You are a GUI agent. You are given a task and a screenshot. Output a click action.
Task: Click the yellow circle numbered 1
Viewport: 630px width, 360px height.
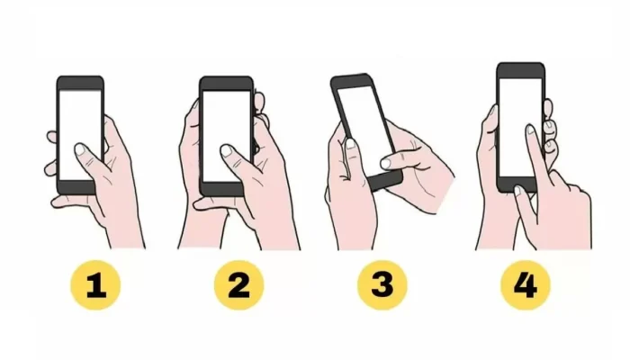coord(95,285)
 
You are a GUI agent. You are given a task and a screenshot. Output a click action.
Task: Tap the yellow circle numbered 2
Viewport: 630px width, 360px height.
coord(238,285)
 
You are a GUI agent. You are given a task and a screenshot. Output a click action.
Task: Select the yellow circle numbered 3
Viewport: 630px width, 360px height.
coord(382,285)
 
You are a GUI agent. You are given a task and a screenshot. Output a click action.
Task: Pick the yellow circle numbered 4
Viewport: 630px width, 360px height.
coord(526,285)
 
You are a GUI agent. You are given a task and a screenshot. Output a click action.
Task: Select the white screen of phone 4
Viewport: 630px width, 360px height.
coord(520,121)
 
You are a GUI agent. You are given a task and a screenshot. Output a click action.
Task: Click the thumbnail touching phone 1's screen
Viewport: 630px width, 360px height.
coord(80,149)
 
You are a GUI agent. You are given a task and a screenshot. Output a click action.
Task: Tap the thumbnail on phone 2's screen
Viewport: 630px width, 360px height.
coord(227,150)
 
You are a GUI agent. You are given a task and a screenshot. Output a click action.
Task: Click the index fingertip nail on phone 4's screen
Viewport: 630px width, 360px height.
coord(531,130)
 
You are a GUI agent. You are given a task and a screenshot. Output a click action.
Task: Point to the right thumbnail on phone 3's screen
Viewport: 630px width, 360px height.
coord(386,163)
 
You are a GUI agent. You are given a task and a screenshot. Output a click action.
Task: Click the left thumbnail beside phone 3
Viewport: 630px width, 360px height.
coord(350,144)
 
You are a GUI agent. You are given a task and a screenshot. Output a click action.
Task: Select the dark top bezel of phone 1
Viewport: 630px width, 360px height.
coord(80,83)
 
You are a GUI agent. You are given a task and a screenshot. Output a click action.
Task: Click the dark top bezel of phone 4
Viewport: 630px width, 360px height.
coord(521,71)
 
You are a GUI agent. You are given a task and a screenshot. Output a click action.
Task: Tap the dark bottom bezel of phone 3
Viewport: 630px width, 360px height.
coord(385,180)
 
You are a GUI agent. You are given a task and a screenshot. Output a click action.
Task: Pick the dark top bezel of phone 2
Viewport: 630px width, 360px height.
coord(227,83)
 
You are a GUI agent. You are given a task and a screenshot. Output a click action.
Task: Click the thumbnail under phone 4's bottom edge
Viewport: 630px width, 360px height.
coord(518,191)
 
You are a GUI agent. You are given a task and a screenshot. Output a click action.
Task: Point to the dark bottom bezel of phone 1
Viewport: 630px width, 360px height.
coord(77,187)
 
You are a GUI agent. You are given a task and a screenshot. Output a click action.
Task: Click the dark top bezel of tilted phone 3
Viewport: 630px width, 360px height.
coord(350,80)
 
